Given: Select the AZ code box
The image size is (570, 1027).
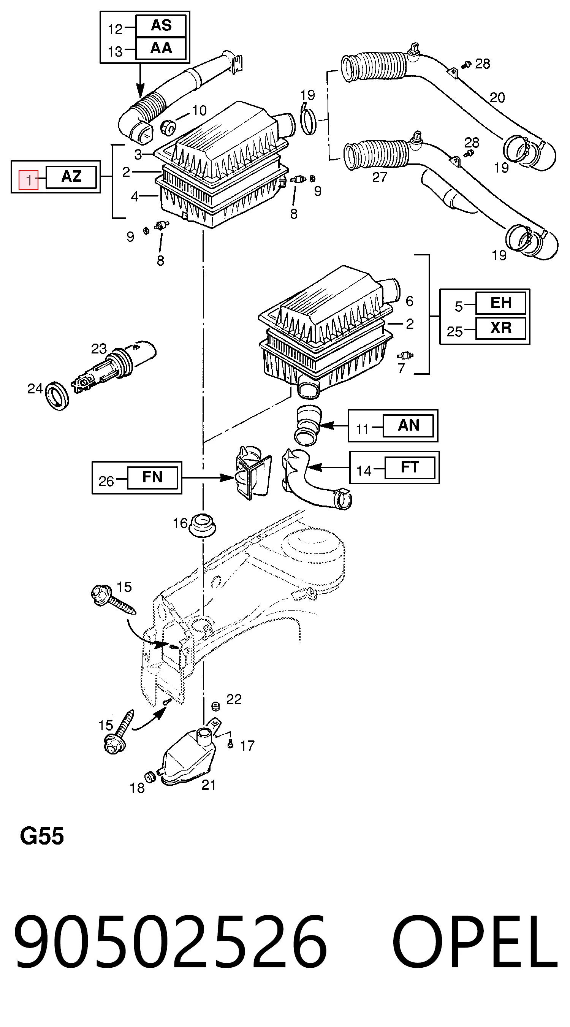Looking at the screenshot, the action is click(x=71, y=177).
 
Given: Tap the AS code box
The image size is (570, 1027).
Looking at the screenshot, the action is click(x=161, y=26).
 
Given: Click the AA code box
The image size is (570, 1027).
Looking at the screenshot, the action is click(x=161, y=48).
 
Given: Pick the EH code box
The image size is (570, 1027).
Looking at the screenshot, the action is click(x=500, y=303).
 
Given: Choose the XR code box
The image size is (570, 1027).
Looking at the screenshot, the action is click(x=500, y=328).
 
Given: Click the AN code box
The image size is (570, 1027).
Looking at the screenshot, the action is click(x=408, y=425).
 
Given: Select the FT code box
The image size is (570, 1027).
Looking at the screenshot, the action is click(x=410, y=467).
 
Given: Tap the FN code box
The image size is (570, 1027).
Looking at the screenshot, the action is click(x=152, y=477).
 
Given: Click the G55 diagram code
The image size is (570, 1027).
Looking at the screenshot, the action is click(x=42, y=836).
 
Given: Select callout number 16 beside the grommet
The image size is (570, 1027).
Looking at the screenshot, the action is click(x=180, y=523).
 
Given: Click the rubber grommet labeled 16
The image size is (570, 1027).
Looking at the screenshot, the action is click(x=203, y=525).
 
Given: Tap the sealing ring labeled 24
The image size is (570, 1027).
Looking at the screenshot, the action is click(x=57, y=396).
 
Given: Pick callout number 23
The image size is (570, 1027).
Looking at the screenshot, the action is click(x=99, y=349).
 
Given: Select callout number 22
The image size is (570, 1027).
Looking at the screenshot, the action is click(x=234, y=699).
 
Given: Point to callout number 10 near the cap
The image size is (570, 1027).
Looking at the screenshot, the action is click(x=199, y=111).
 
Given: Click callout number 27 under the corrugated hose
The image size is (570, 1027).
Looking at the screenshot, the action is click(x=380, y=178).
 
